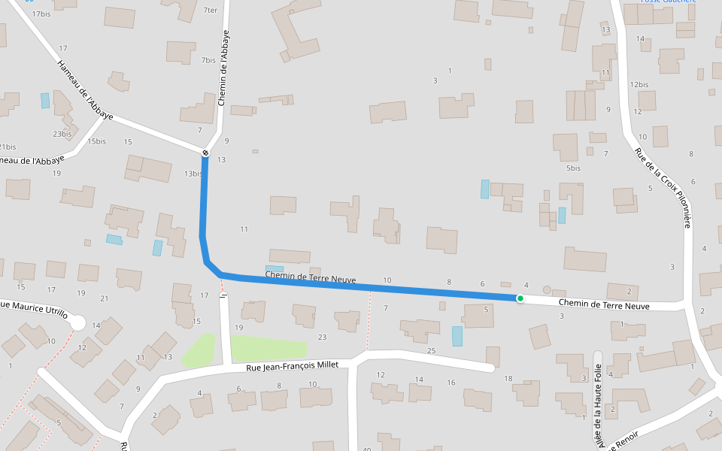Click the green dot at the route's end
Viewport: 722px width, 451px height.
click(x=520, y=298)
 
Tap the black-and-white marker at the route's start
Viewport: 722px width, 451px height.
click(x=205, y=153)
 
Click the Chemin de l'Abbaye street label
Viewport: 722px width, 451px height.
click(x=223, y=68)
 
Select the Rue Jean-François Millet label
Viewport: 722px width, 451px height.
click(x=293, y=366)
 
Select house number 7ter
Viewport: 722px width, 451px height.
click(x=210, y=11)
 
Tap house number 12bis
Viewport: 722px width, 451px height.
click(x=639, y=84)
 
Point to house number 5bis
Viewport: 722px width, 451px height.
click(x=574, y=168)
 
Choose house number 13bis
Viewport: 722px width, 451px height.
click(x=193, y=174)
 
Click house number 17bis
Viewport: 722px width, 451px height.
click(x=41, y=14)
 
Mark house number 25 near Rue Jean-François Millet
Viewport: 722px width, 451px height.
click(x=431, y=351)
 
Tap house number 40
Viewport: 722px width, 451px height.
click(x=367, y=449)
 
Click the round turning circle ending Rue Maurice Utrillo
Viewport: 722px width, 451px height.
click(x=77, y=322)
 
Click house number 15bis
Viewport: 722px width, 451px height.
click(x=96, y=141)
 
